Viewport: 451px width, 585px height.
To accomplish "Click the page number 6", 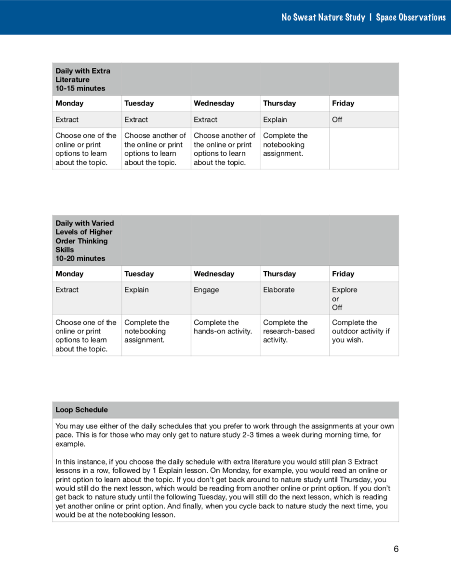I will point(396,549).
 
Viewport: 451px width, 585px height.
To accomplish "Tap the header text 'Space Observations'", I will point(411,17).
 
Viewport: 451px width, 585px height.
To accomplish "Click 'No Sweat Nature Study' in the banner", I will point(323,17).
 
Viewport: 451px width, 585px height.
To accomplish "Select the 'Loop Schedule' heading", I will point(82,410).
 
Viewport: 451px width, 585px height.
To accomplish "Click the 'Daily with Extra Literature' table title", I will point(83,75).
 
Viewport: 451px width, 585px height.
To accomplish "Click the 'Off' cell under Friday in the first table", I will point(337,120).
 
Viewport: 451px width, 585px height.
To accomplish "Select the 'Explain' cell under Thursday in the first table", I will point(275,120).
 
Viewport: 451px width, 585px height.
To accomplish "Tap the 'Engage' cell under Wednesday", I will point(206,290).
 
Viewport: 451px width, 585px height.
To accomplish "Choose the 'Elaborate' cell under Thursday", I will point(279,290).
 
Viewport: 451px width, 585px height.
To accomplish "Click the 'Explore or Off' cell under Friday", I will point(345,298).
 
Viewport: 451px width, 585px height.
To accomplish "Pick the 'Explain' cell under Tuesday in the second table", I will point(136,290).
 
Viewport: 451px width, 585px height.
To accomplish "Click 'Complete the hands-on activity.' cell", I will point(223,327).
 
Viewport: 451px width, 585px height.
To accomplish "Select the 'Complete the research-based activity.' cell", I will point(289,331).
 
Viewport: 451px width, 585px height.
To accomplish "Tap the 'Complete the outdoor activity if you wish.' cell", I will point(361,331).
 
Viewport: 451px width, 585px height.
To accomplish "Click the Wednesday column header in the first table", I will point(213,103).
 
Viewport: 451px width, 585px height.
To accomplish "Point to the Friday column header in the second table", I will point(343,274).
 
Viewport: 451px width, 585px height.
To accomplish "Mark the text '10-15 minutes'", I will point(80,88).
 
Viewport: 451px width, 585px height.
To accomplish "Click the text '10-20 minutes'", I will point(80,258).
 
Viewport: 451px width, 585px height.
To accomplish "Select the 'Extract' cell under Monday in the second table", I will point(67,290).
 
